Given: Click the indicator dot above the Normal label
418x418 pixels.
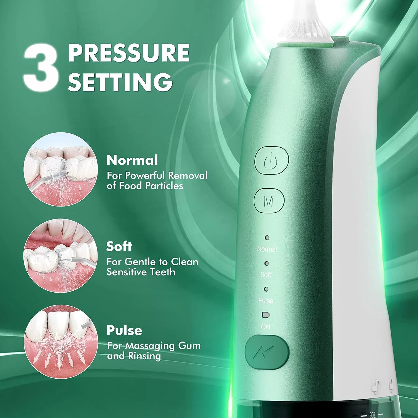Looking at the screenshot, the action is (x=267, y=238).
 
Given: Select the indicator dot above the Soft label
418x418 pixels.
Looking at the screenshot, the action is (x=267, y=263).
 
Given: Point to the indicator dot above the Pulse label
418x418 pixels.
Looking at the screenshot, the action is (x=266, y=289).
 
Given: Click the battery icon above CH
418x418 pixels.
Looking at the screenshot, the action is (x=266, y=315).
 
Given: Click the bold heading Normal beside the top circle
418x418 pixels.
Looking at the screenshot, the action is (x=132, y=160).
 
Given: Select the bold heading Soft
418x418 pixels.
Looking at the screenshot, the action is (x=119, y=246).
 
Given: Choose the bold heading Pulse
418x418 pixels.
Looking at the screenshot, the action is (x=124, y=330).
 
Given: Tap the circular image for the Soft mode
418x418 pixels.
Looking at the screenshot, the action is (x=61, y=256).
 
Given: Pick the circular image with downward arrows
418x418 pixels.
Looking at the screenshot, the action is (x=61, y=342).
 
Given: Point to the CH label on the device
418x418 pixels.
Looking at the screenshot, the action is (x=266, y=326).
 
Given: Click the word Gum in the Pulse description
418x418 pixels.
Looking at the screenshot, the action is (x=189, y=346).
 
